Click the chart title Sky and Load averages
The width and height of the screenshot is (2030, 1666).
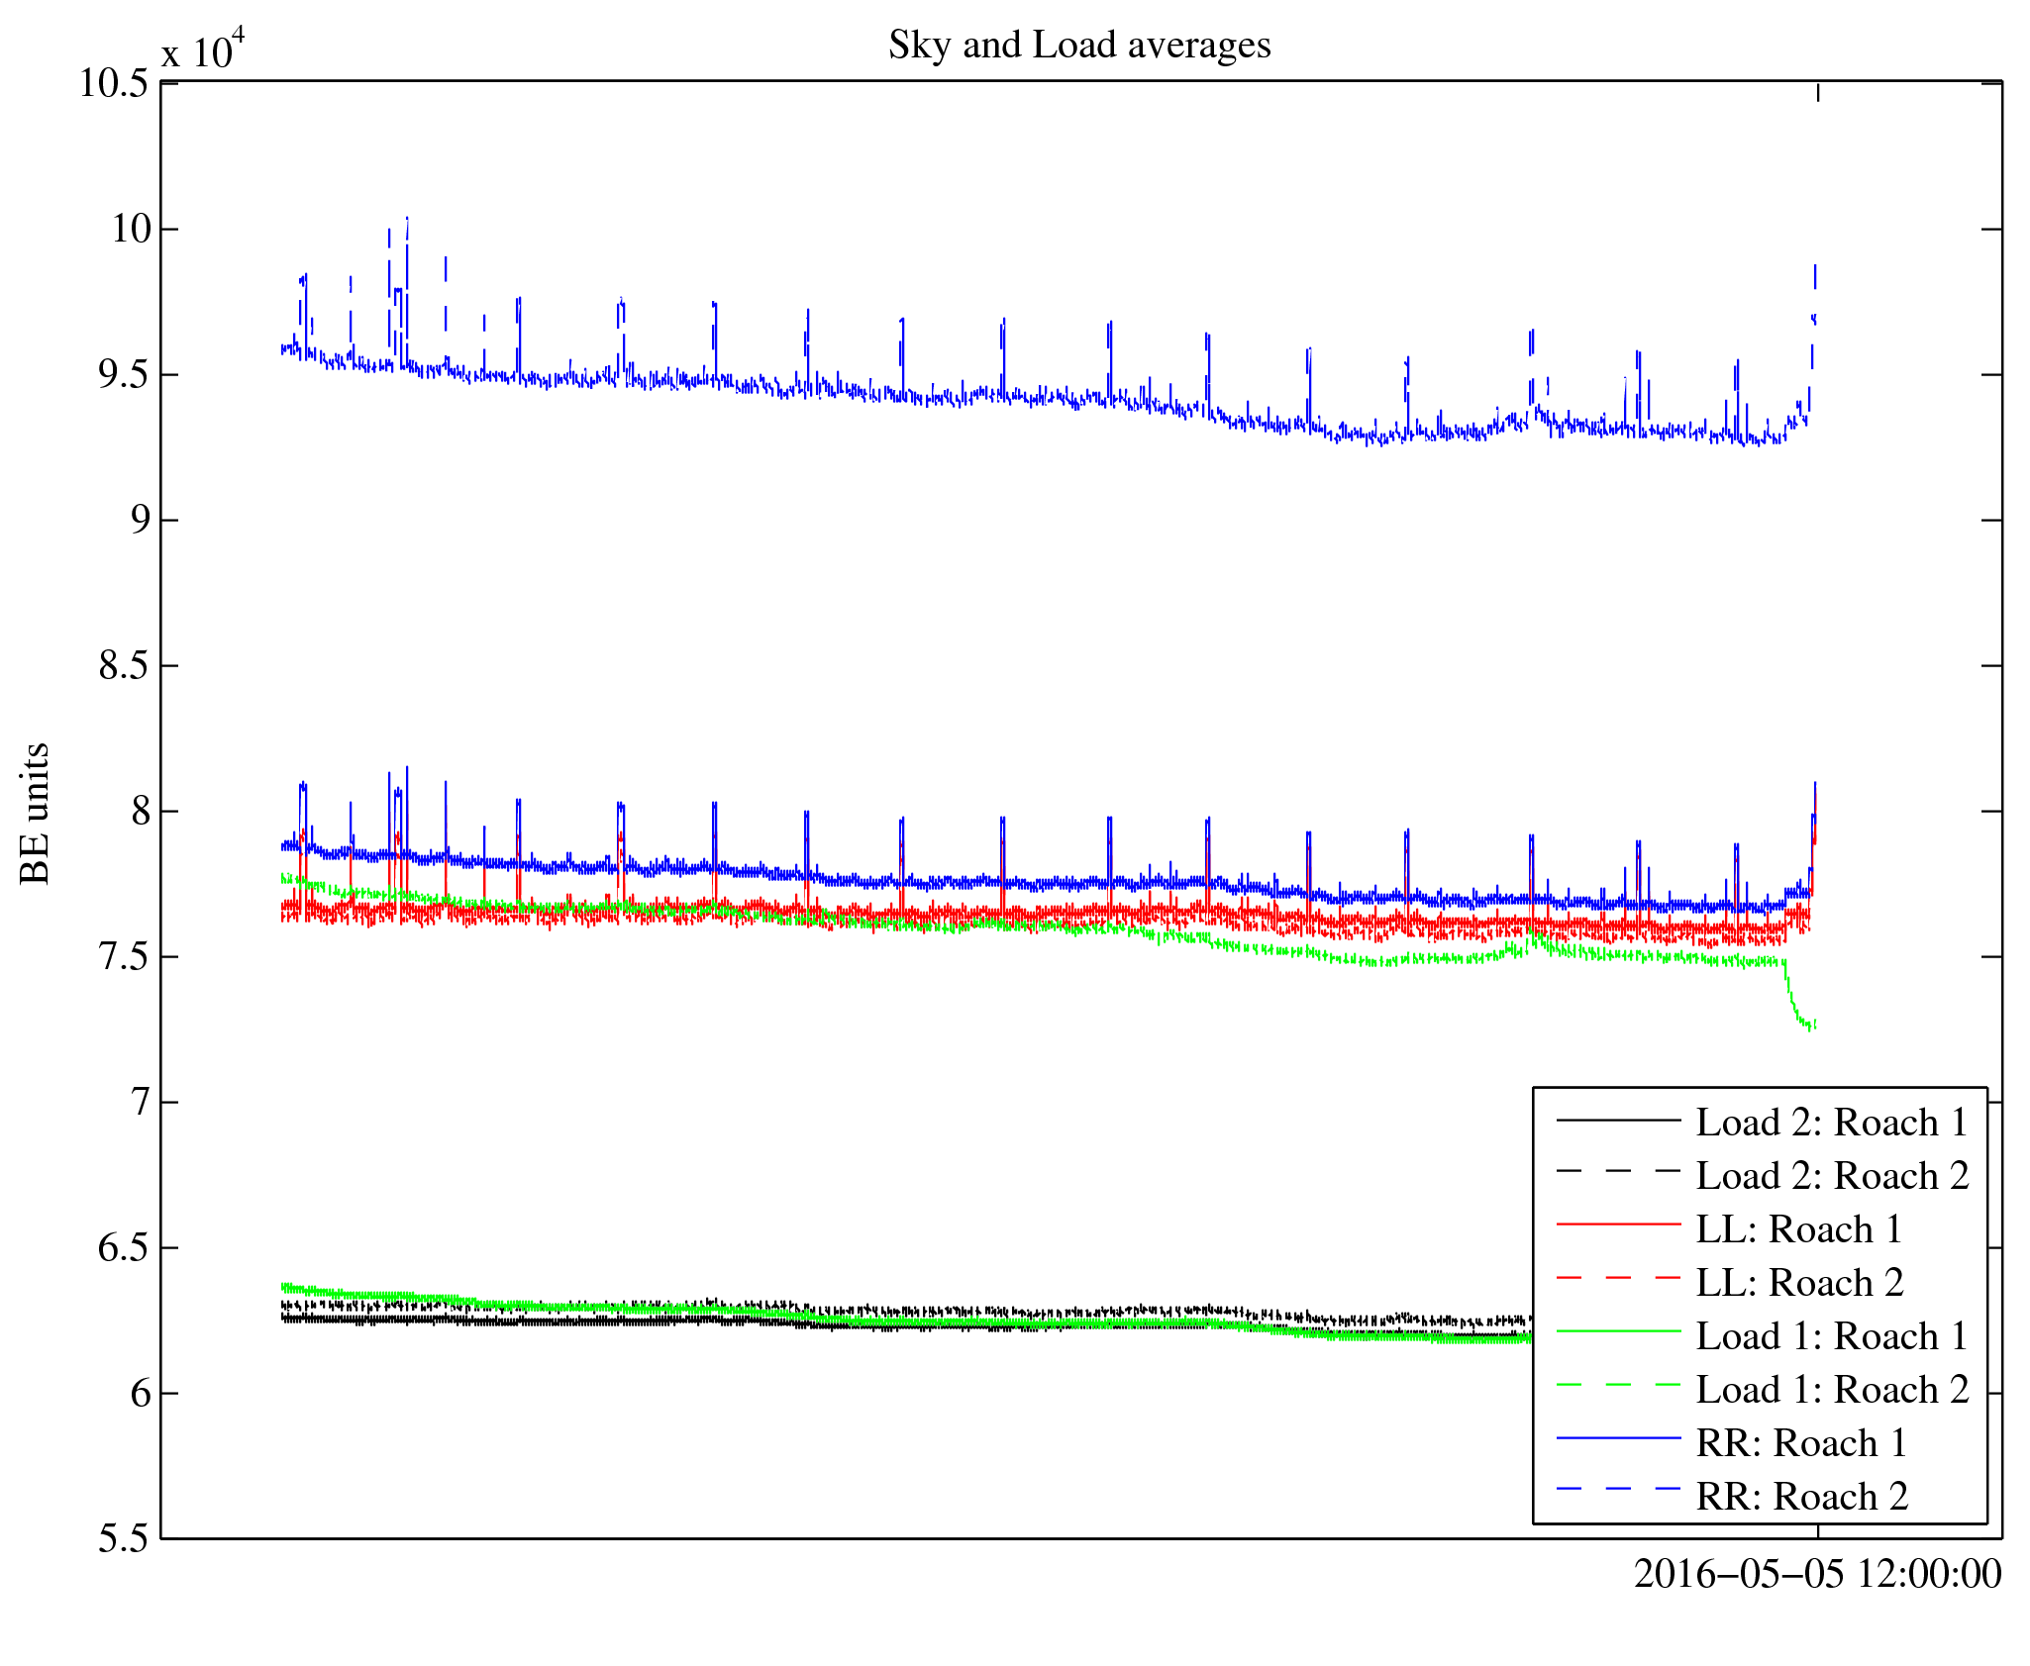(1078, 46)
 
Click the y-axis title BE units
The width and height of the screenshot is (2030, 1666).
(36, 813)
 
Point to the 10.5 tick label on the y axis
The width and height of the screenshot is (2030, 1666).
(114, 84)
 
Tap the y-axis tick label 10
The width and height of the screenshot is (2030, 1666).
(131, 230)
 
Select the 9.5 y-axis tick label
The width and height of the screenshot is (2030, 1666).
(124, 375)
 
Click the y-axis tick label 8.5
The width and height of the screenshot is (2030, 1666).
(124, 666)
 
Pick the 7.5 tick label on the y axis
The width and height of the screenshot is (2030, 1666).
(124, 957)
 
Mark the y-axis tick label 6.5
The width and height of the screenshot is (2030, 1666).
(124, 1248)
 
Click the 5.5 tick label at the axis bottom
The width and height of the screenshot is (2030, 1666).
(124, 1539)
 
